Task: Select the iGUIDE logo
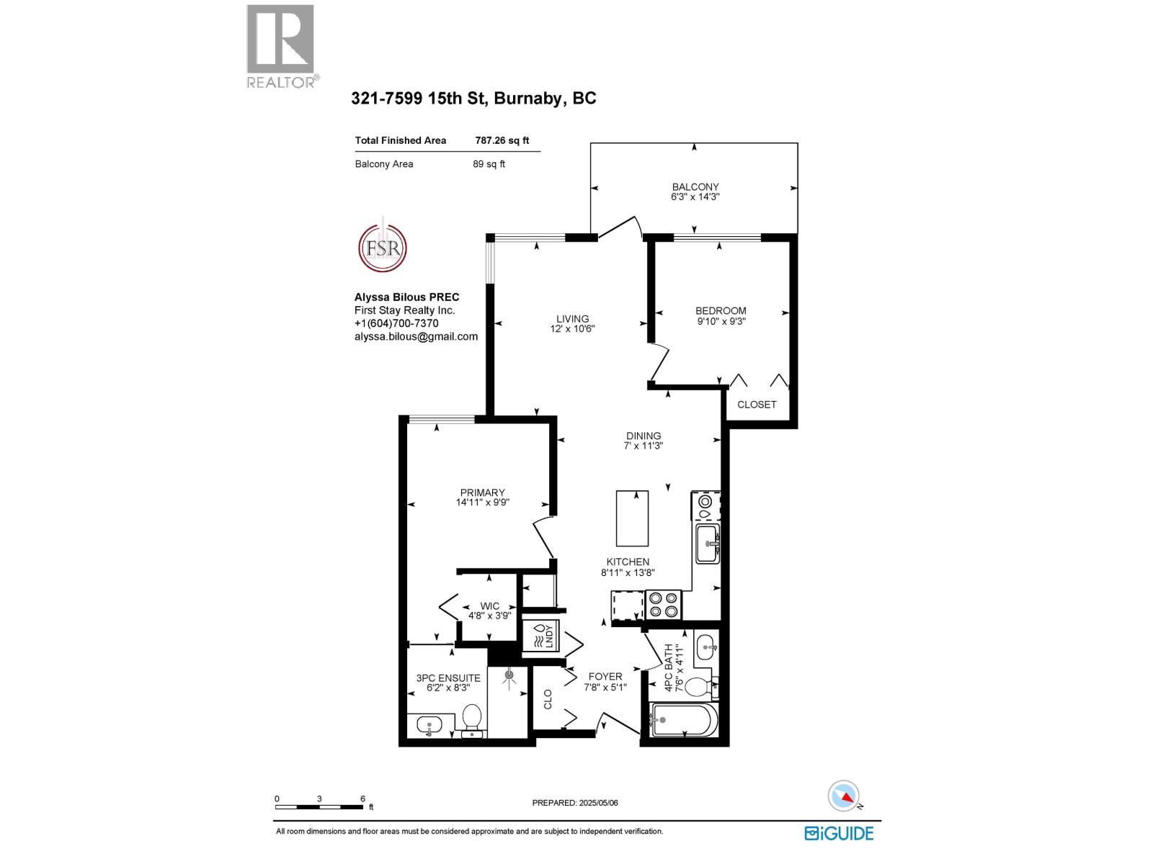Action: [839, 833]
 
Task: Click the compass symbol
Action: [844, 796]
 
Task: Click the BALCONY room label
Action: [695, 186]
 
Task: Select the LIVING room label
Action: [572, 318]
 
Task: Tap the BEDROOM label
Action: [721, 311]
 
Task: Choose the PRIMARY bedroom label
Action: [482, 492]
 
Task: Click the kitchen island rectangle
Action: [632, 518]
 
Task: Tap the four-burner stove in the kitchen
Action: [663, 604]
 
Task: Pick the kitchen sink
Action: [708, 544]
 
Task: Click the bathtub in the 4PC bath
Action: [684, 720]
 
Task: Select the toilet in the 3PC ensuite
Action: [471, 718]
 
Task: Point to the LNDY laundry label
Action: [549, 636]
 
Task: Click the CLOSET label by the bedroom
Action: [757, 405]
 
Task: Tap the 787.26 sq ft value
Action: [502, 140]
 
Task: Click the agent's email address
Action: [416, 336]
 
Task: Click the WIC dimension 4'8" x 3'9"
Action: [489, 616]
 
